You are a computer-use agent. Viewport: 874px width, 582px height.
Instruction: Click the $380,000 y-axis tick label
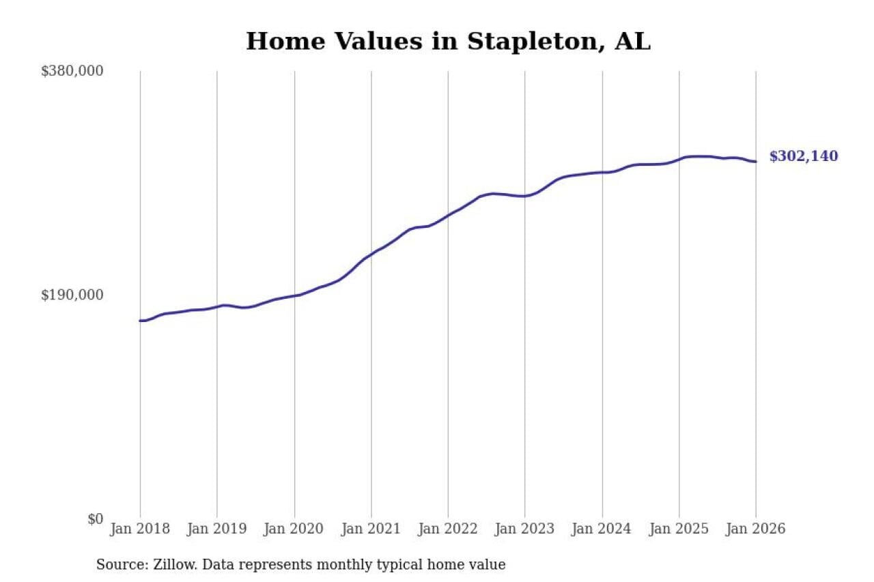pos(72,71)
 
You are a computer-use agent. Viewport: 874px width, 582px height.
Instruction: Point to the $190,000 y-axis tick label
pos(72,295)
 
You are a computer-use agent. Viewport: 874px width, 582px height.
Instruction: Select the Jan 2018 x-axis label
pos(140,529)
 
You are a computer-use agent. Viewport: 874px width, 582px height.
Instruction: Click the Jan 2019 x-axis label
pos(217,529)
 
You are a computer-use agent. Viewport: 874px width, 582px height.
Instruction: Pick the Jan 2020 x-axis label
pos(294,529)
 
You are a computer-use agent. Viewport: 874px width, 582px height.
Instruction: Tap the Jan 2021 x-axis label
pos(371,529)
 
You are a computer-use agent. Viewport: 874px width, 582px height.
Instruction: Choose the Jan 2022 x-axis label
pos(448,529)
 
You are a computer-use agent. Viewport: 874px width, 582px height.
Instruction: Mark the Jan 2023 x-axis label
pos(525,529)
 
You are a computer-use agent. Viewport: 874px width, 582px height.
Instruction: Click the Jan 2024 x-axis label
pos(602,529)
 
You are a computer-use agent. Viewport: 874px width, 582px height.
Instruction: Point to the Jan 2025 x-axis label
pos(679,529)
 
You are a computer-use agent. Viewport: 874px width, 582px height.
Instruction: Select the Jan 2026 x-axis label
pos(756,529)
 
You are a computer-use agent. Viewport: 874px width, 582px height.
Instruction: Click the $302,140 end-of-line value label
pos(804,156)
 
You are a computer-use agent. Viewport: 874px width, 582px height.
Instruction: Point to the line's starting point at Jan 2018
pos(140,321)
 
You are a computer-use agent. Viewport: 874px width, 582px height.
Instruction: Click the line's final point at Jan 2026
pos(756,162)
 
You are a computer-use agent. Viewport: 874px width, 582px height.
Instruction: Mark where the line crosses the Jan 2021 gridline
pos(371,254)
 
